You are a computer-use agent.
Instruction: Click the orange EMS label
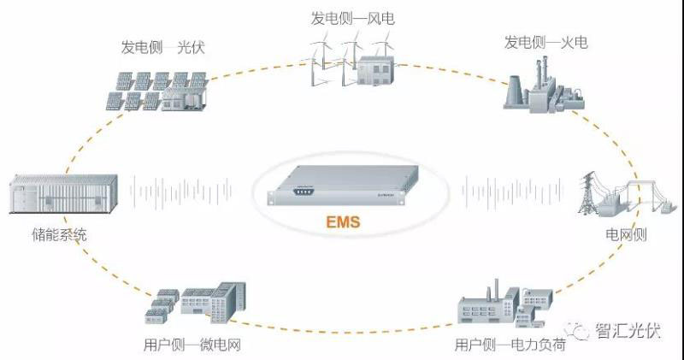pos(343,223)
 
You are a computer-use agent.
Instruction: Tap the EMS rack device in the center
pos(342,186)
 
